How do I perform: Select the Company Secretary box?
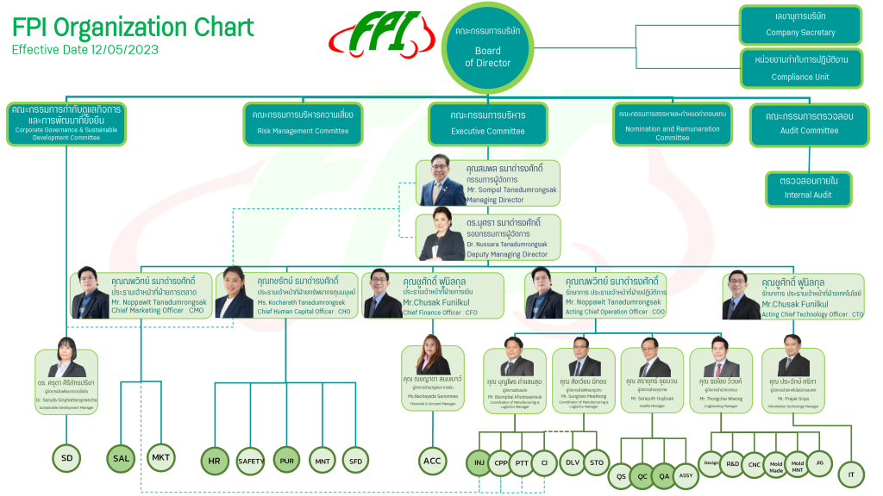pos(800,25)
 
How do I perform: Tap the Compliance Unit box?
pos(800,68)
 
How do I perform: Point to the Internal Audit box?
pos(809,188)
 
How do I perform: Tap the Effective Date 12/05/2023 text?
pos(85,50)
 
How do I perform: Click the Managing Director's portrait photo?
pos(441,183)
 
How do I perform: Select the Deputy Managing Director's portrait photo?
pos(441,237)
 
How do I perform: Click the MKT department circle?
pos(161,457)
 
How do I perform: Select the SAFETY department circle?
pos(251,461)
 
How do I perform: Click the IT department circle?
pos(851,474)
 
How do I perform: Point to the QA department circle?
pos(663,475)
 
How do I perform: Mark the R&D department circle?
pos(732,463)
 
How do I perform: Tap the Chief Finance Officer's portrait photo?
pos(382,295)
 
